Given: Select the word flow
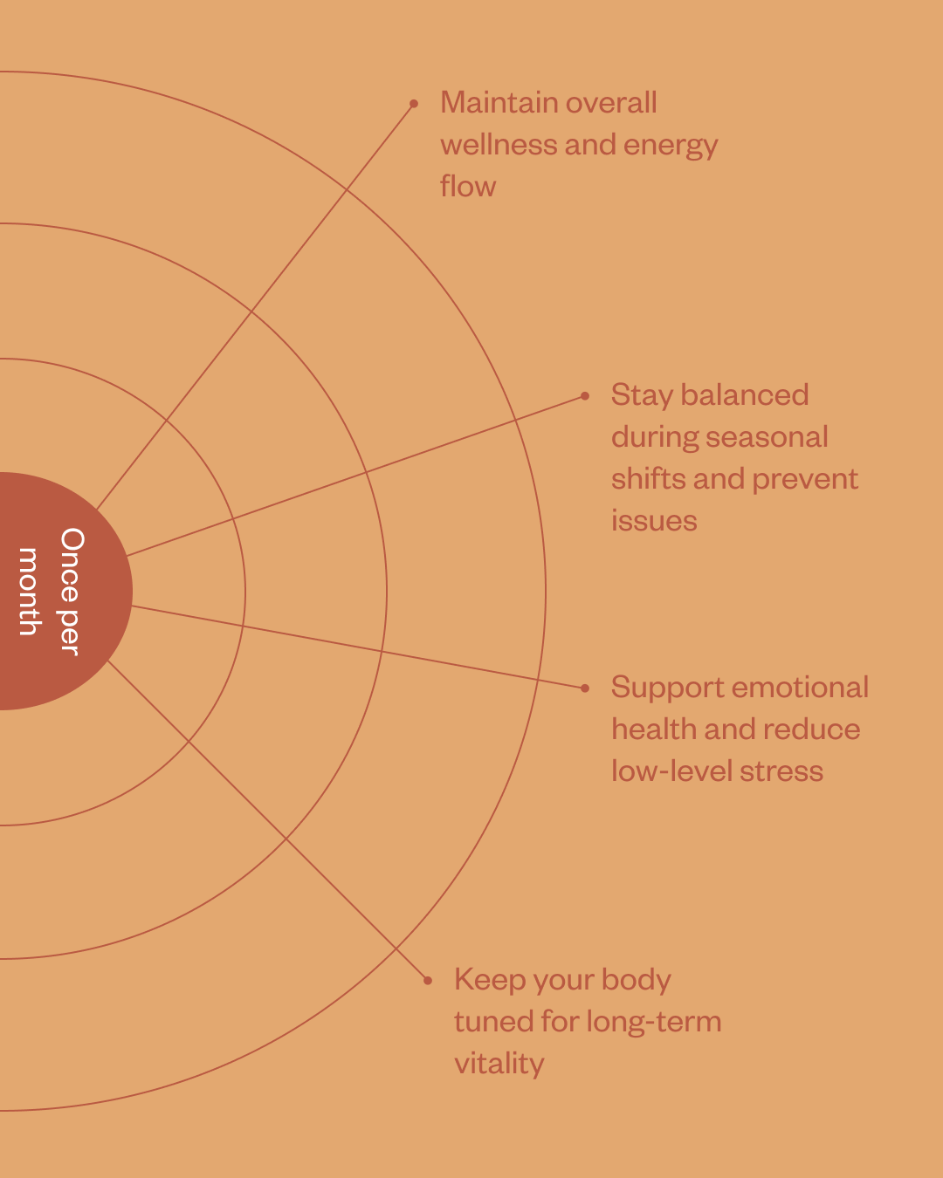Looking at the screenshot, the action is (x=468, y=187).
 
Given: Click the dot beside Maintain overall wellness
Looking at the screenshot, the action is (x=414, y=104).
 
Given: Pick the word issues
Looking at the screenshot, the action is (x=654, y=521).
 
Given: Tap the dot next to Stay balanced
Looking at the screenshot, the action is (x=585, y=396).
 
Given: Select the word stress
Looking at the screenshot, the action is (x=781, y=771).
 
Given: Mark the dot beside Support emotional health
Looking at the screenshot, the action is (x=585, y=688).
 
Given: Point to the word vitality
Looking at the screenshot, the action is (x=499, y=1064).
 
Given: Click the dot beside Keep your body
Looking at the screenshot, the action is (x=428, y=981).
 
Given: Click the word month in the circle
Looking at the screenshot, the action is (x=29, y=592).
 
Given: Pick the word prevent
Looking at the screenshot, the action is (x=804, y=479).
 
